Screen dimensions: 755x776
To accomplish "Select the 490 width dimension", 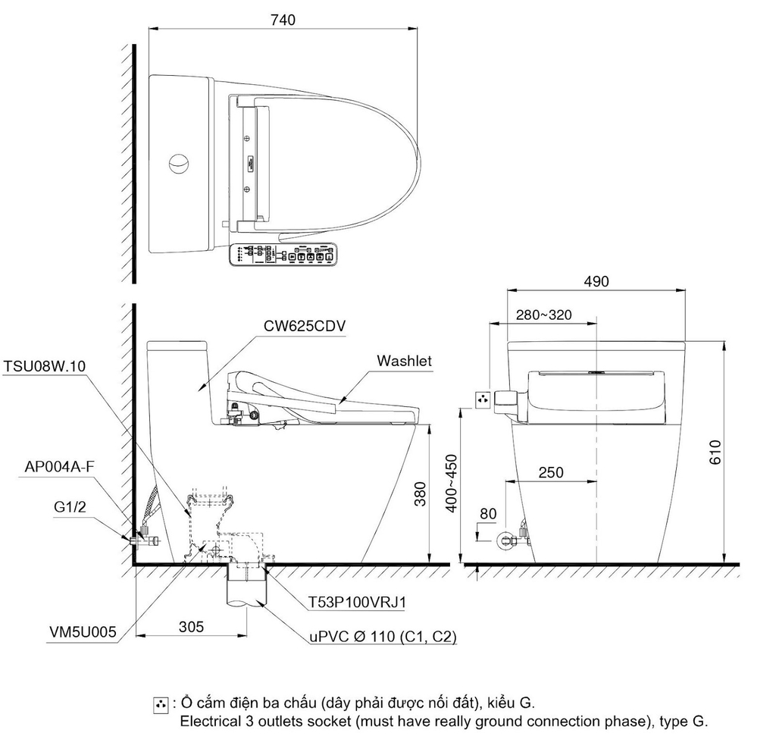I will [596, 281].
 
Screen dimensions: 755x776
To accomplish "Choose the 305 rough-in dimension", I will [191, 626].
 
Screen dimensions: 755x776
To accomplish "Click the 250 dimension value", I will [551, 472].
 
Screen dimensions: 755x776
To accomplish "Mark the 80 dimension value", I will [488, 514].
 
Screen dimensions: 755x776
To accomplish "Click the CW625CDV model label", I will [305, 327].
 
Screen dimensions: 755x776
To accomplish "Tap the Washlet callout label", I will [405, 361].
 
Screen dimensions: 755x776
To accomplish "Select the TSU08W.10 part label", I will [45, 366].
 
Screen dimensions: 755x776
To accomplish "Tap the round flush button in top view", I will [180, 163].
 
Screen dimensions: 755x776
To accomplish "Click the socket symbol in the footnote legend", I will [160, 705].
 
